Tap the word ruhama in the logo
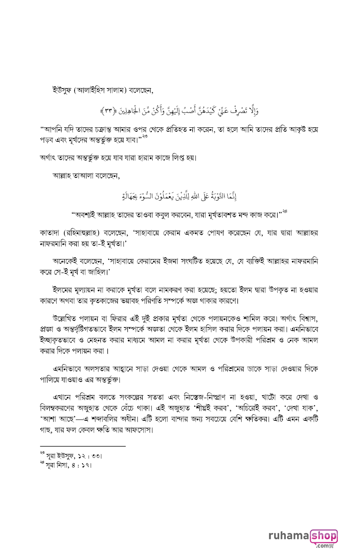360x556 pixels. click(288, 536)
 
